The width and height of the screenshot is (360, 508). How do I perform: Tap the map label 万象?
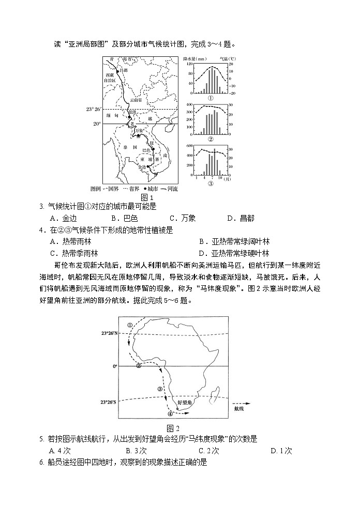138,132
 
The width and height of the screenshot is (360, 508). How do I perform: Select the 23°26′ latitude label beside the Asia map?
94,110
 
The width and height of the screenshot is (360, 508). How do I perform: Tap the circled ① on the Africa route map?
130,325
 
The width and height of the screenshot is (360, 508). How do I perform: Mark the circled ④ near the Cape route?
170,413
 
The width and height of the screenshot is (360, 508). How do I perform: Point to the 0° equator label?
115,366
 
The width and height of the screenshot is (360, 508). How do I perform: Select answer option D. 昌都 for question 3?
243,218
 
